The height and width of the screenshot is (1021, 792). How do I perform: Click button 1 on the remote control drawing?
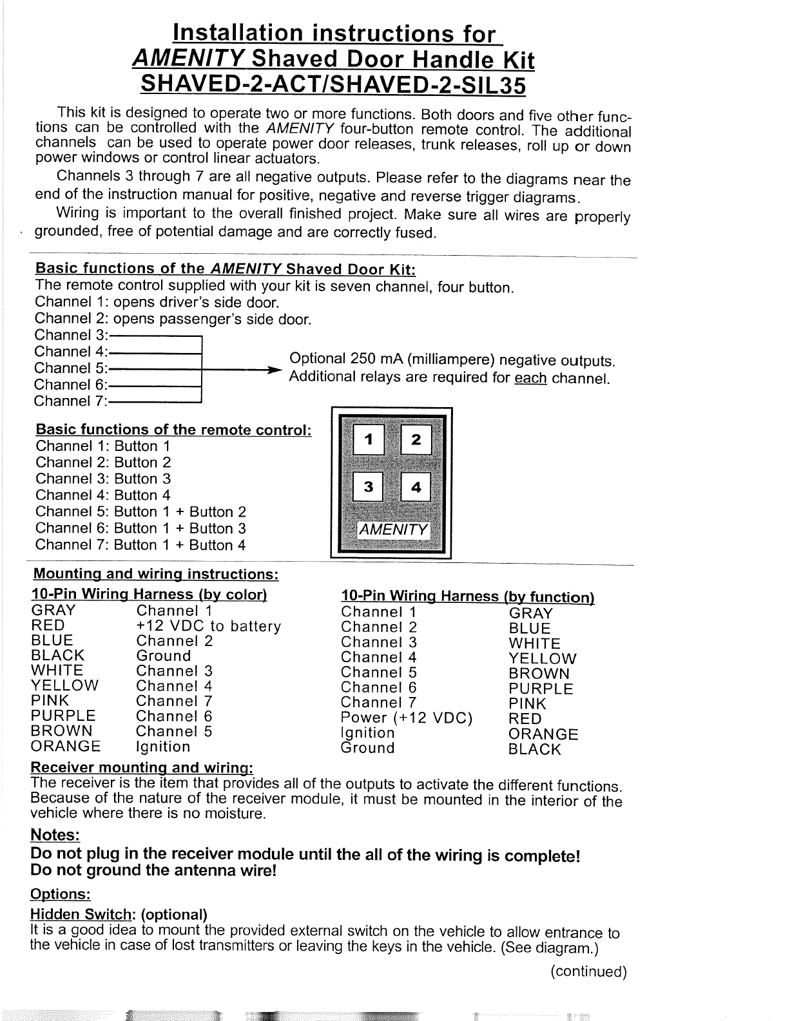coord(369,441)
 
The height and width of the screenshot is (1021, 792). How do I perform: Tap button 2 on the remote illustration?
coord(416,441)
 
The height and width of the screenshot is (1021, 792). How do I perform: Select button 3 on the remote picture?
coord(369,488)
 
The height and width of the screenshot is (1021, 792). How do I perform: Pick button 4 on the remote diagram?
coord(416,488)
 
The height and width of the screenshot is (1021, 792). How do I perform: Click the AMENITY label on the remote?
coord(393,530)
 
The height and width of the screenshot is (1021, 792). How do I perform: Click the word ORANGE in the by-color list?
coord(66,747)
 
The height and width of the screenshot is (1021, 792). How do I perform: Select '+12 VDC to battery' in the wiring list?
coord(208,626)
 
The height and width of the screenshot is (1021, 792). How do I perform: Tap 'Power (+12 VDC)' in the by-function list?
coord(407,718)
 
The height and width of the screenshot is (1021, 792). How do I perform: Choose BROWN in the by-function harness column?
coord(539,674)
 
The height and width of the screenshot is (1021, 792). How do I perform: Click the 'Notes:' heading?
coord(55,835)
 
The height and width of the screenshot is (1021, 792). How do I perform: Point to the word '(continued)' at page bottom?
coord(588,972)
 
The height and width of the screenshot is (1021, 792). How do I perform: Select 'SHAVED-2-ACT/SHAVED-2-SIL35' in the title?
coord(333,84)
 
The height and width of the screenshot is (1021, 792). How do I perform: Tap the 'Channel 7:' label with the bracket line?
coord(71,401)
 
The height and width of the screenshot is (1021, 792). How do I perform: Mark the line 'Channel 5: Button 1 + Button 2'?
coord(140,512)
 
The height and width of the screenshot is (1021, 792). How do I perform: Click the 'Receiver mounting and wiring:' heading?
coord(142,768)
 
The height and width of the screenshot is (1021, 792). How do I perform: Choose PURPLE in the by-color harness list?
coord(63,716)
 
